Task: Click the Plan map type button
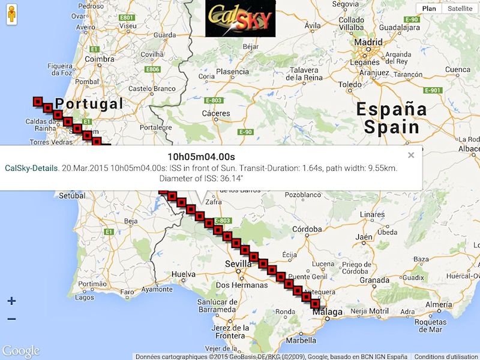[x=429, y=8]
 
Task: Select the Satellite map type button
[x=460, y=8]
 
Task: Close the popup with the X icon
[x=411, y=155]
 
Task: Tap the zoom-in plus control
[x=11, y=301]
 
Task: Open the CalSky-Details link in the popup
[x=31, y=168]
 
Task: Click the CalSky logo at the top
[x=240, y=19]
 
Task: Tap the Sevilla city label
[x=238, y=264]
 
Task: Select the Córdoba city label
[x=307, y=229]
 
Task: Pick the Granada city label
[x=374, y=280]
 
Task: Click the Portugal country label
[x=89, y=104]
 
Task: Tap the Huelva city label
[x=184, y=274]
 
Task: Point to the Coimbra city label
[x=99, y=59]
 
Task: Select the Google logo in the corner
[x=21, y=352]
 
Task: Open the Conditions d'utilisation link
[x=446, y=356]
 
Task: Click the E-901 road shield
[x=432, y=90]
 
